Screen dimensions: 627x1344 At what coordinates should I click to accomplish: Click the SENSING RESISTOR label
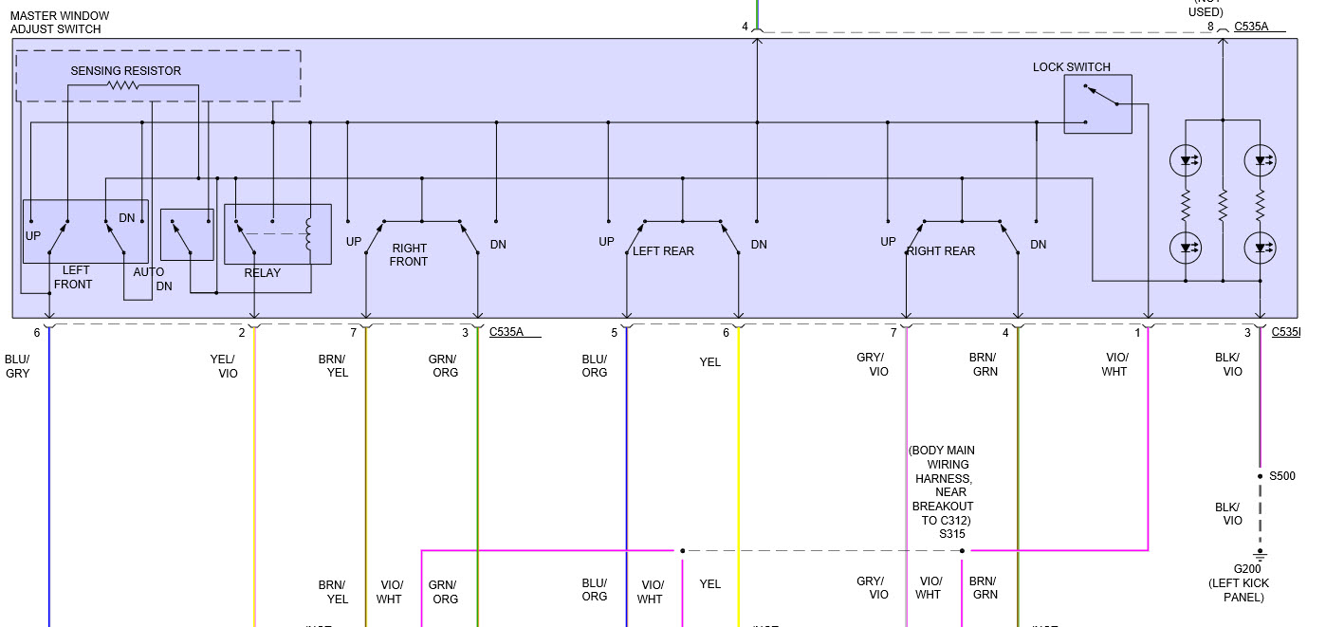(125, 71)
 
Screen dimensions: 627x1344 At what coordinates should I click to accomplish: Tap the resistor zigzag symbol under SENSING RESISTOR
(123, 85)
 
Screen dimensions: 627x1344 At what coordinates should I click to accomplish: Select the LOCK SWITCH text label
(1071, 67)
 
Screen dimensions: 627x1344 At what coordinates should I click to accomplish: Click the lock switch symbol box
(1097, 104)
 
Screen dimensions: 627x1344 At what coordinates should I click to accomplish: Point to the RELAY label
(263, 273)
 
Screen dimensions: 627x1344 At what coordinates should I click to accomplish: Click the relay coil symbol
(307, 235)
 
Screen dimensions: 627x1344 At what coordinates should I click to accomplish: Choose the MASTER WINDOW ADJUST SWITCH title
(60, 23)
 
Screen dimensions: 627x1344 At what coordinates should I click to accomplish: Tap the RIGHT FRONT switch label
(409, 255)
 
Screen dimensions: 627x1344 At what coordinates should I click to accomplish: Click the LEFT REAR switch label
(663, 251)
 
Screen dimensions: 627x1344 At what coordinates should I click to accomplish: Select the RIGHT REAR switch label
(941, 251)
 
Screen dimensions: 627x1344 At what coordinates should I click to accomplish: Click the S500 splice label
(1281, 476)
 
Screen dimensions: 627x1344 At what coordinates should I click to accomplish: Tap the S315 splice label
(952, 534)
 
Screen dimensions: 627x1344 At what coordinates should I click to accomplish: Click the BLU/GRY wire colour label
(17, 366)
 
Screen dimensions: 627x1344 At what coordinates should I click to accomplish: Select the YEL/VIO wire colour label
(224, 366)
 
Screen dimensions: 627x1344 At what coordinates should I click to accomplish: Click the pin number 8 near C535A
(1210, 27)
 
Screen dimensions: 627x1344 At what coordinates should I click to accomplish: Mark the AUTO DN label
(154, 279)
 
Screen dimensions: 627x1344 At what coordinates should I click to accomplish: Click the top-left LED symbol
(1186, 160)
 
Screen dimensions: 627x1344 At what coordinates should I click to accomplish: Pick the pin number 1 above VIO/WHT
(1137, 332)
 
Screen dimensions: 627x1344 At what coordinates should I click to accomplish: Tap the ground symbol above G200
(1261, 553)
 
